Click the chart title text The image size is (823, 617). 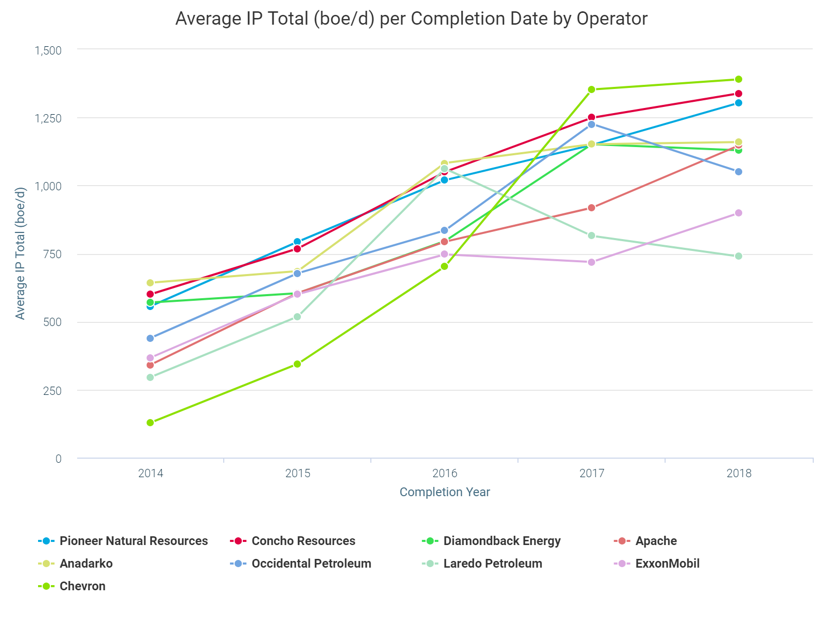tap(411, 19)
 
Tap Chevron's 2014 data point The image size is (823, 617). tap(150, 423)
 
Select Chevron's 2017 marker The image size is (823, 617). tap(592, 89)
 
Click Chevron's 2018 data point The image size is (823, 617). tap(739, 79)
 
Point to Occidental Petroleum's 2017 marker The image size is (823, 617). tap(592, 124)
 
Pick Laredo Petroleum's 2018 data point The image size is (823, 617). tap(739, 256)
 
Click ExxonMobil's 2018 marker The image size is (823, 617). tap(739, 213)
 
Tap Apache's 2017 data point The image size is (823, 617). tap(592, 208)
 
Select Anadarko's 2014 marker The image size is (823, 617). tap(150, 283)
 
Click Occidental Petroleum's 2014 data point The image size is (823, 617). tap(150, 338)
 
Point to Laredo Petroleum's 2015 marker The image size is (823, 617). tap(297, 317)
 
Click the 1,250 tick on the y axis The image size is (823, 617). tap(48, 118)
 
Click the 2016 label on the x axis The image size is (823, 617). tap(444, 473)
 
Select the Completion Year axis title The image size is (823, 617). tap(444, 492)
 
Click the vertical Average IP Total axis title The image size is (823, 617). tap(20, 253)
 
